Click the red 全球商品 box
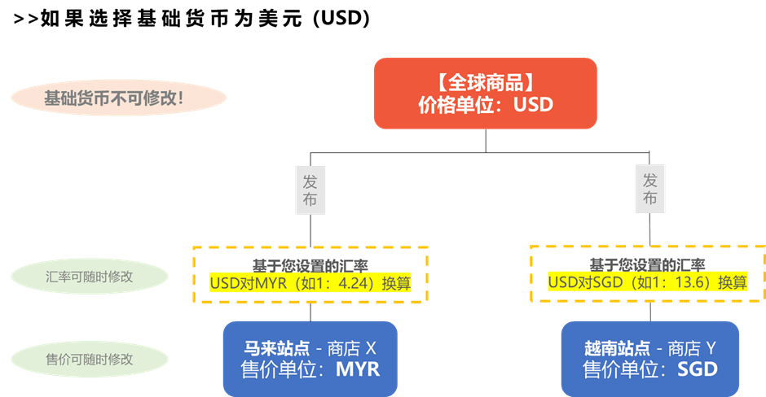pos(486,92)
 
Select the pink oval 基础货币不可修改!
pos(118,99)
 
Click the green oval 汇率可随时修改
pos(90,277)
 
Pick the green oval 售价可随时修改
pos(90,358)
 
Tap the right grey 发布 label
pos(650,189)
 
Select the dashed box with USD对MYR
pos(310,274)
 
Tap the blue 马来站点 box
pos(310,359)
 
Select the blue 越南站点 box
pos(649,359)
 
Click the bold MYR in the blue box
pos(358,370)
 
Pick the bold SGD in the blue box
pos(698,370)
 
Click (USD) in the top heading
pos(341,19)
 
